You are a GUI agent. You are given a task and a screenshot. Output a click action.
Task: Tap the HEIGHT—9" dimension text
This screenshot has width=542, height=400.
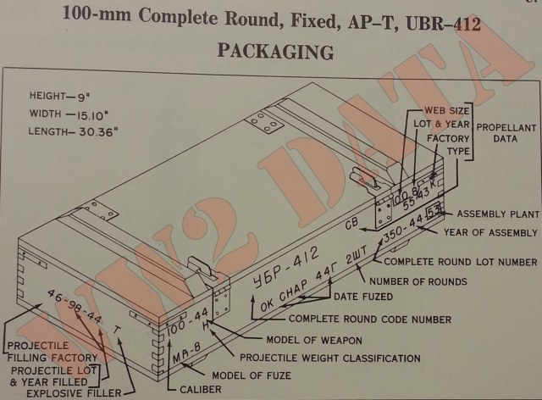60,97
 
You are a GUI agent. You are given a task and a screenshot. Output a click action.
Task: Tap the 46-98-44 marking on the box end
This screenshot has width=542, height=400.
75,308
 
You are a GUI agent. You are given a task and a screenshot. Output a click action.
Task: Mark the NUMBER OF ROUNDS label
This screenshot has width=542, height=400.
429,281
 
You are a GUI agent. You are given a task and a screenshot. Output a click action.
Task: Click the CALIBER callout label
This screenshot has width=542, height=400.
200,390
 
